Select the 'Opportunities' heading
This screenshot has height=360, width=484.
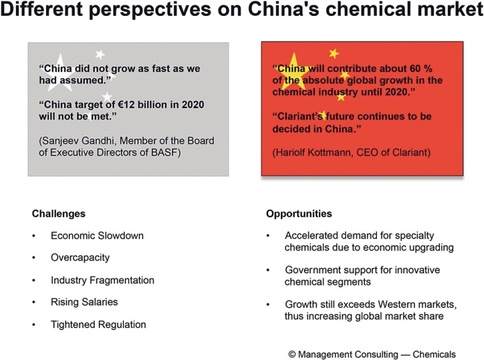coord(299,213)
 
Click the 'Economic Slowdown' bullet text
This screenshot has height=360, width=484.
coord(97,236)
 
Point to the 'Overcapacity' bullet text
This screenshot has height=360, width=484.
coord(80,258)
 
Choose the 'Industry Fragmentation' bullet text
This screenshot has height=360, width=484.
coord(103,280)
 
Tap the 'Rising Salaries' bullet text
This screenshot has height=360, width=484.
coord(84,302)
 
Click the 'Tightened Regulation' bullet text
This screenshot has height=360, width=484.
coord(99,324)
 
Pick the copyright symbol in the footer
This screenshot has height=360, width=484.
coord(292,354)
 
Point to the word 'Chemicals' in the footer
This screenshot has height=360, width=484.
coord(434,354)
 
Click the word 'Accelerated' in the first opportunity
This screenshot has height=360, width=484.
coord(310,236)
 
